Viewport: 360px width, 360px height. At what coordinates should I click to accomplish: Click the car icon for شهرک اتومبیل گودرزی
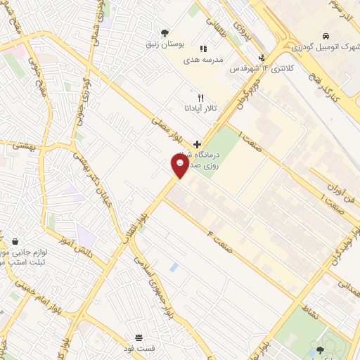[x=326, y=35]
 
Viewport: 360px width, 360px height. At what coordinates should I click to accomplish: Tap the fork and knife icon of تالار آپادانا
[x=201, y=98]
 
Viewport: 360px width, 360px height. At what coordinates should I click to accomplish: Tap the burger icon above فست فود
[x=139, y=338]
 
